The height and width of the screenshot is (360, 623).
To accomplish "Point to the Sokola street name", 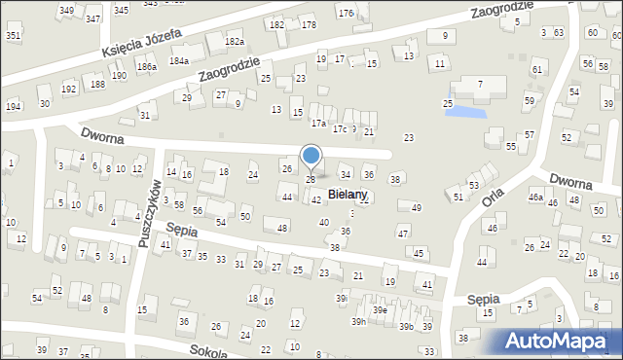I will click(x=208, y=351).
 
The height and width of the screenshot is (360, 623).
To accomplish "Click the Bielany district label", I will click(x=348, y=195).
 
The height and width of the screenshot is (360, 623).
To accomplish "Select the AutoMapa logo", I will click(x=563, y=341).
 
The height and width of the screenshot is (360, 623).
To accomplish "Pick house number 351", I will click(x=13, y=35).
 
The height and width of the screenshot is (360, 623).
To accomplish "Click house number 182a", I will click(x=234, y=42).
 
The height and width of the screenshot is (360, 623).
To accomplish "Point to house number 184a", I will click(x=178, y=60).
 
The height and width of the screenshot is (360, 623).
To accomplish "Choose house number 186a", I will click(x=146, y=67).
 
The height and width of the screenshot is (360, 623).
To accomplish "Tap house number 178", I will click(x=309, y=24).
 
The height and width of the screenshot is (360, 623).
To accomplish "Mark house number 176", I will click(x=345, y=13).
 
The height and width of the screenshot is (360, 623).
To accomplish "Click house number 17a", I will click(x=317, y=124).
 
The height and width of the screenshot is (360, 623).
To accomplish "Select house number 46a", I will click(x=534, y=198).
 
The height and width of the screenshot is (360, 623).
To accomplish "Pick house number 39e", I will click(x=382, y=310).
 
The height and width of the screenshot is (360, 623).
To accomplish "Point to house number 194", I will click(x=13, y=106).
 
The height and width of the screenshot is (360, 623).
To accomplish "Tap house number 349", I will click(x=66, y=11).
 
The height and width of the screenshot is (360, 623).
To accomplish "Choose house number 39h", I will click(x=359, y=322).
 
